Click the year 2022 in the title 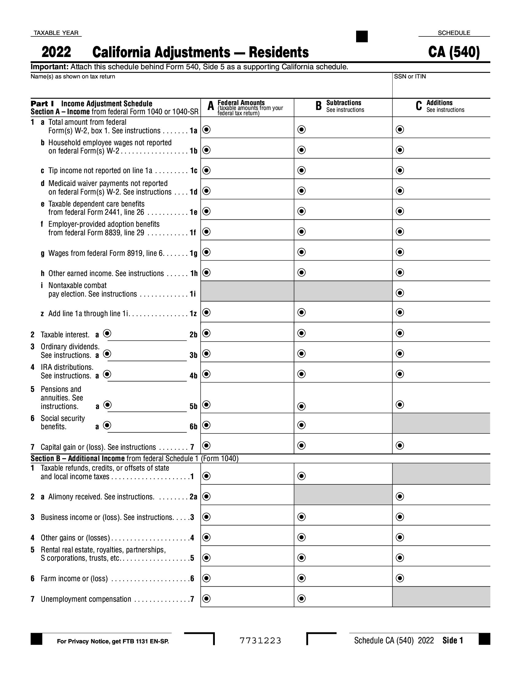56,52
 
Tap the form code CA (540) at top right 454,52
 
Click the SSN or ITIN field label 409,77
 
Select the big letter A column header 211,106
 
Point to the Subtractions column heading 344,103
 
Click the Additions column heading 439,103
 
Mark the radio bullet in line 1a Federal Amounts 207,129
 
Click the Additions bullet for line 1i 400,293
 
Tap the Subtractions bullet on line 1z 301,312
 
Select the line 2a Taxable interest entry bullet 107,333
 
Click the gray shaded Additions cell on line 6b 441,423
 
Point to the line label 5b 193,407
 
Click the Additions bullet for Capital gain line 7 400,445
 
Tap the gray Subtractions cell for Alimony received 343,495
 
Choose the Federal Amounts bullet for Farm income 207,578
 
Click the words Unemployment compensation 86,599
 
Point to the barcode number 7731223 260,641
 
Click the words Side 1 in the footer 452,641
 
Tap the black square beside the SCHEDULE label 362,36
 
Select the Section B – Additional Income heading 78,458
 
